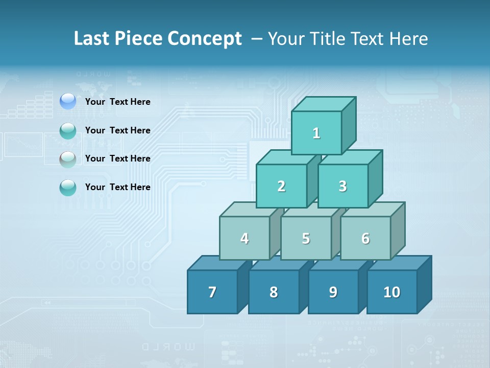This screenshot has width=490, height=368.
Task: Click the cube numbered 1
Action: (316, 133)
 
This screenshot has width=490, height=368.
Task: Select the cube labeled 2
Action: (281, 186)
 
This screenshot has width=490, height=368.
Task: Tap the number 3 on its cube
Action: (342, 186)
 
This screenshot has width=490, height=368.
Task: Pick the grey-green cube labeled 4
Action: (244, 238)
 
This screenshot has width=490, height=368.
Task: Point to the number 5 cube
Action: (306, 238)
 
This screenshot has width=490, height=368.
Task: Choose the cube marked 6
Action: (365, 238)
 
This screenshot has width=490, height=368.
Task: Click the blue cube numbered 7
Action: (212, 292)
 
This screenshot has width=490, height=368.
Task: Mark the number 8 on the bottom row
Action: (274, 292)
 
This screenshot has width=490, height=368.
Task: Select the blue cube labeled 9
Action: (333, 292)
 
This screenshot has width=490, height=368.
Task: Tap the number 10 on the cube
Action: (392, 292)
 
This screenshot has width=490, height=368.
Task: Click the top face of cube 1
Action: (324, 104)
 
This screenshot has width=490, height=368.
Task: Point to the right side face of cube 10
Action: (424, 285)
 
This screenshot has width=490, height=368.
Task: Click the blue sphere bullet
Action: (68, 101)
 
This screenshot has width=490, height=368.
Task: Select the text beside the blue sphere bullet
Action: (118, 102)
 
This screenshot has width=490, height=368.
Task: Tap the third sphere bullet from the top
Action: (68, 159)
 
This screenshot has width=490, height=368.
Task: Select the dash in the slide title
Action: (258, 38)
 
